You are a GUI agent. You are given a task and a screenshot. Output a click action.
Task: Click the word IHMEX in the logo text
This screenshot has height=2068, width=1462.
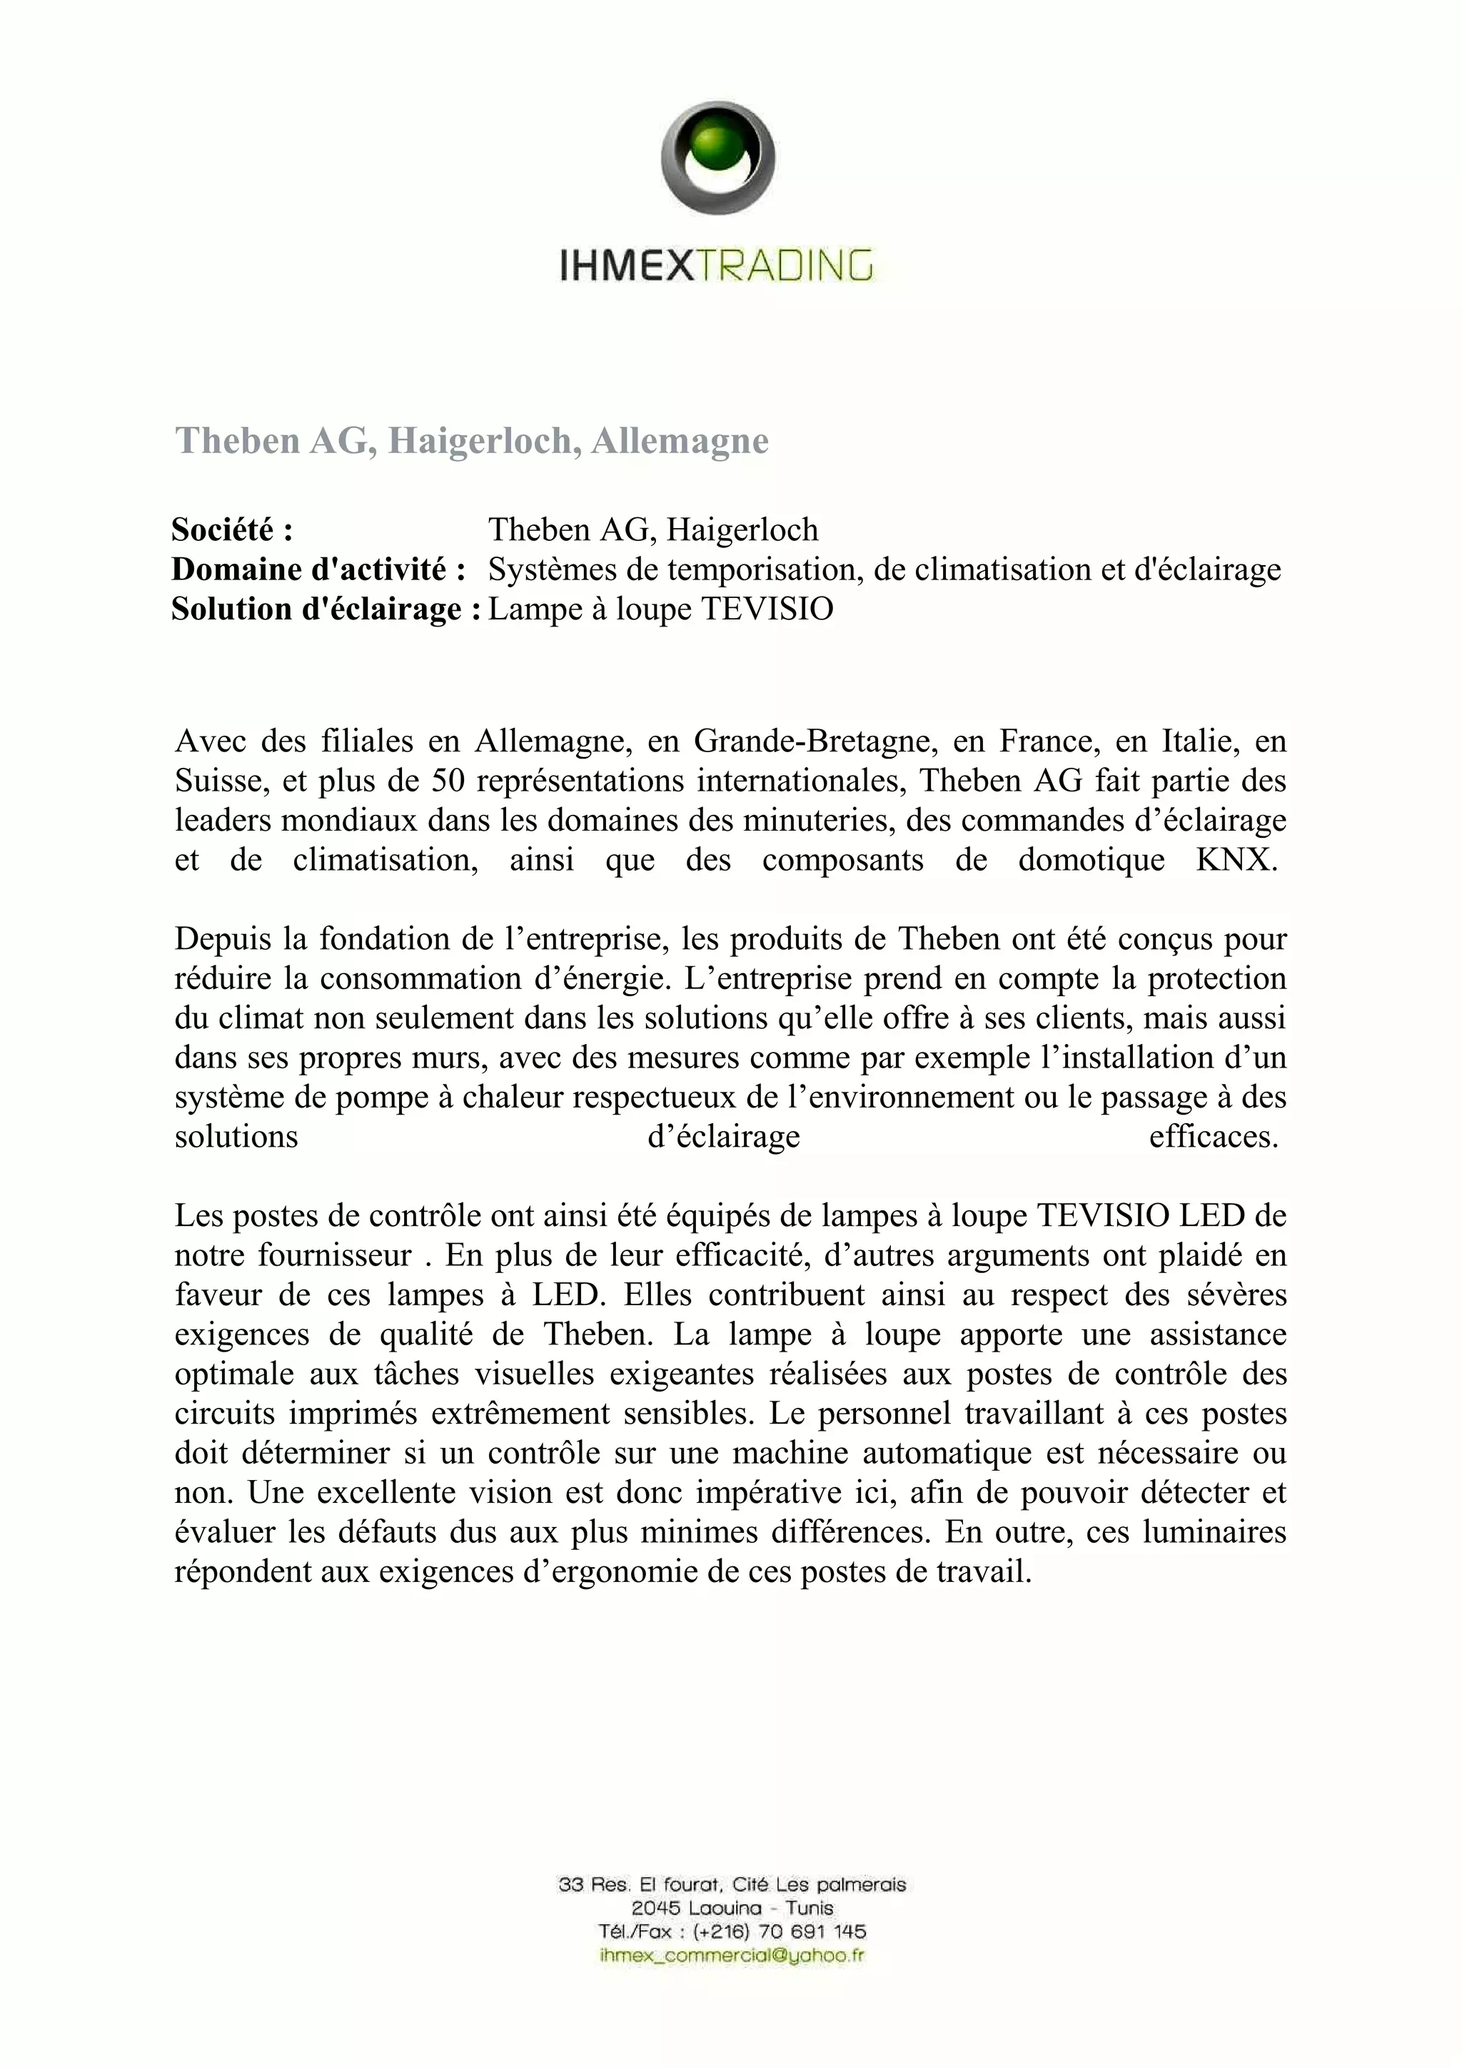(x=628, y=267)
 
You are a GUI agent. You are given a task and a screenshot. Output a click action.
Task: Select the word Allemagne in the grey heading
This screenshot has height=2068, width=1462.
(x=680, y=440)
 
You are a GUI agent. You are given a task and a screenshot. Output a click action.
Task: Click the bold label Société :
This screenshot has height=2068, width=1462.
(x=233, y=529)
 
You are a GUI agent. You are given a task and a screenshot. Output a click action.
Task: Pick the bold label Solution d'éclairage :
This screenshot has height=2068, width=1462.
(x=326, y=609)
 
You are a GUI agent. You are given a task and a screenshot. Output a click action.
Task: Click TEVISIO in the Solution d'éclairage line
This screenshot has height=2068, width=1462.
(x=767, y=609)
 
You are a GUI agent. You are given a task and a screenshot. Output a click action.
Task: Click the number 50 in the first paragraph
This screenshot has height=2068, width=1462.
(x=448, y=780)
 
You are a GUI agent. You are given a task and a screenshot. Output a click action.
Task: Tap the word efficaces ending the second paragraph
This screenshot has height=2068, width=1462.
(x=1214, y=1137)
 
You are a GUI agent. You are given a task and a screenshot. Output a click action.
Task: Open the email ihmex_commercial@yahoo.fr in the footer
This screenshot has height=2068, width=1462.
(x=732, y=1955)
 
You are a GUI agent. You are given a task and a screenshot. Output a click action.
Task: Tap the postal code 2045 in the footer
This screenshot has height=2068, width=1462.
(x=656, y=1907)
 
